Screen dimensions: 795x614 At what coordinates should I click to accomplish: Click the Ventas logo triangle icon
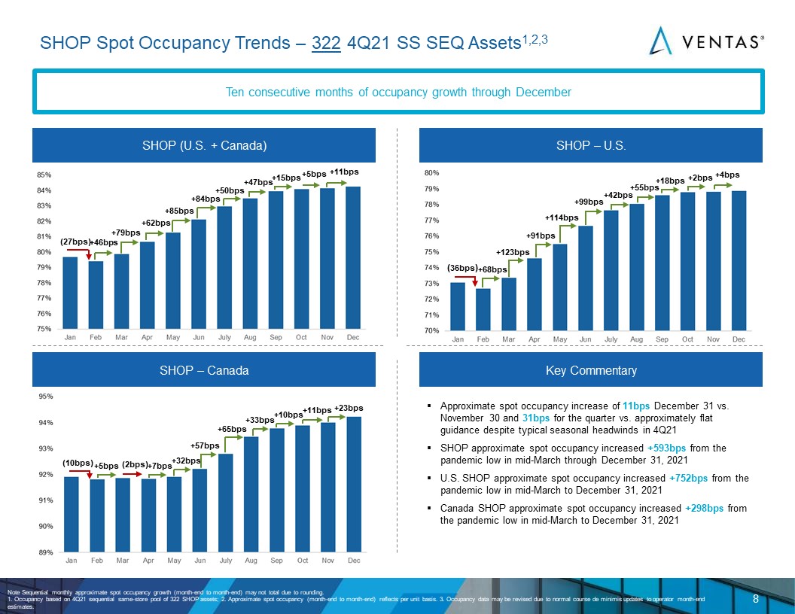660,41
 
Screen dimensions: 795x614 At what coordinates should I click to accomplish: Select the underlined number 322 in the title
326,43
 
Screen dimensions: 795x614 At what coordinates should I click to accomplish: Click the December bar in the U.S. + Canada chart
353,257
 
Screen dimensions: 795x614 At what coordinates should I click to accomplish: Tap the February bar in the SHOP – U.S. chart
483,309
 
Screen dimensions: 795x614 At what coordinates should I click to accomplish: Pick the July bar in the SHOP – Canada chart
226,503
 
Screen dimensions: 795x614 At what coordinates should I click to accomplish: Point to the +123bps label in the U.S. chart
513,252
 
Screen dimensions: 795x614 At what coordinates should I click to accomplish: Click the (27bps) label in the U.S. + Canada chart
75,242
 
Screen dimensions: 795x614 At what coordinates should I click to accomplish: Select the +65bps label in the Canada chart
232,429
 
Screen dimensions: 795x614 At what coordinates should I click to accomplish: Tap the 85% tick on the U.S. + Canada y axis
44,175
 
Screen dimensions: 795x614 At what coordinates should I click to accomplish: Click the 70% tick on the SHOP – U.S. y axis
431,330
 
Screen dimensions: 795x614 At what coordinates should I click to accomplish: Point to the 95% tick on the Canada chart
46,396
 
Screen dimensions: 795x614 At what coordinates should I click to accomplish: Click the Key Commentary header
591,369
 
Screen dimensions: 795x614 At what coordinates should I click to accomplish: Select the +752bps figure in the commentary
688,478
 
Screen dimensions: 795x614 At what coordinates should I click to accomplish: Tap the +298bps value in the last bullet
704,508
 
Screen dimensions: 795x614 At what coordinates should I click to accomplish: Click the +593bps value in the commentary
666,448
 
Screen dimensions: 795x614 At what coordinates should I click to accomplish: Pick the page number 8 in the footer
755,599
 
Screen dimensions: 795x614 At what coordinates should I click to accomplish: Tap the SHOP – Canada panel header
204,369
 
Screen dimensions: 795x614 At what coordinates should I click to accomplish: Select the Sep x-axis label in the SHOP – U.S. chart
662,339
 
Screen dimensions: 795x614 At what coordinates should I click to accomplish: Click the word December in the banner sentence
544,93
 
